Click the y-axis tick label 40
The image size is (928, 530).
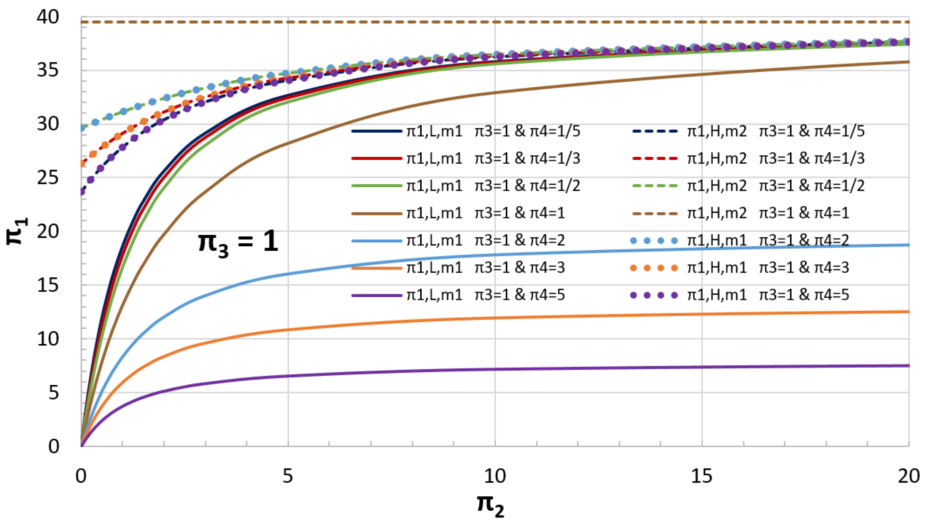click(48, 17)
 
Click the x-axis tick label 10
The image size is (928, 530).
click(495, 476)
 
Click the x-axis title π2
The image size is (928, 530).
click(490, 505)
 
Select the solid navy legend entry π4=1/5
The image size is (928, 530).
click(466, 131)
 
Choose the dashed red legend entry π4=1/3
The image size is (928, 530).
click(748, 158)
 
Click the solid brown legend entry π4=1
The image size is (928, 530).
click(459, 213)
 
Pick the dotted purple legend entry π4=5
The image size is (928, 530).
click(741, 295)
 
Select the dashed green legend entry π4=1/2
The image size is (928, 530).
click(748, 186)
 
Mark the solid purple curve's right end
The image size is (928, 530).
click(908, 366)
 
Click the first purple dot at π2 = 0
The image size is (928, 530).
click(82, 191)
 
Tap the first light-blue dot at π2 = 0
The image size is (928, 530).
click(82, 128)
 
